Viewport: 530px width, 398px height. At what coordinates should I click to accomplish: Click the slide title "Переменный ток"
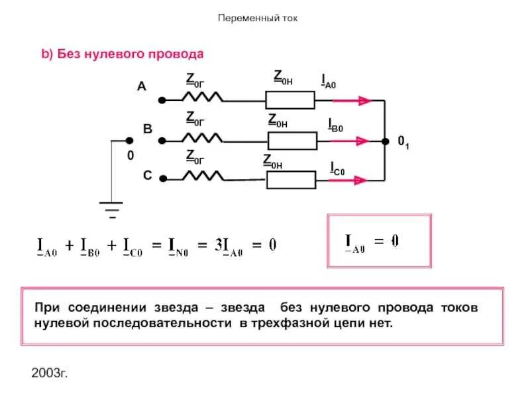coord(258,18)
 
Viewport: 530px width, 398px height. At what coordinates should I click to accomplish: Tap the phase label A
coord(141,86)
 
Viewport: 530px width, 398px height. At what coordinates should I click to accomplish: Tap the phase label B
coord(148,130)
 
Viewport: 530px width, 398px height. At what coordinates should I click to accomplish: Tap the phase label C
coord(147,176)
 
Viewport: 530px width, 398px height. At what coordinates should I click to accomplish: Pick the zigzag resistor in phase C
coord(203,176)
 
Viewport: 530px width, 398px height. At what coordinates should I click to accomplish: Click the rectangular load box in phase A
coord(290,99)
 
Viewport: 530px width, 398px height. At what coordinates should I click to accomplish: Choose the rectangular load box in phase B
coord(292,141)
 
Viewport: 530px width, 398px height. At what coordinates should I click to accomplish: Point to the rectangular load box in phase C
coord(291,179)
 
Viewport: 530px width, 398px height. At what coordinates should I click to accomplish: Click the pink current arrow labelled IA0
coord(351,101)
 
